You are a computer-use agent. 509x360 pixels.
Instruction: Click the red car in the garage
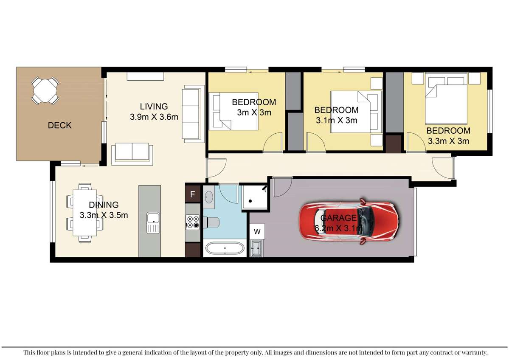coord(349,221)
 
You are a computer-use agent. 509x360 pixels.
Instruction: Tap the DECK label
coord(59,125)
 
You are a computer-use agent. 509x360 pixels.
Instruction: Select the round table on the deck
coord(45,90)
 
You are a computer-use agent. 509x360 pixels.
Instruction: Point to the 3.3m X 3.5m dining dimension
coord(104,215)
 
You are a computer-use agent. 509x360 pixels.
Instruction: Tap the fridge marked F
coord(192,195)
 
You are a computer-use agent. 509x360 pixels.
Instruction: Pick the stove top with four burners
coord(193,222)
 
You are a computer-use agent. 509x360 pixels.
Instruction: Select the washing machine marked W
coord(257,232)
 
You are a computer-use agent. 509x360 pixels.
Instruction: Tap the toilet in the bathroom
coord(212,221)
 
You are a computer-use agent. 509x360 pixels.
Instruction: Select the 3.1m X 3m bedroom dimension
coord(337,120)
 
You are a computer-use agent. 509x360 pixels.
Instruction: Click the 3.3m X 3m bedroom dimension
coord(448,141)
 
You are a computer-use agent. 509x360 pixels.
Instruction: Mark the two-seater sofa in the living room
coord(132,153)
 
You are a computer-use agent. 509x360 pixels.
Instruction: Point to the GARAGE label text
coord(338,218)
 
